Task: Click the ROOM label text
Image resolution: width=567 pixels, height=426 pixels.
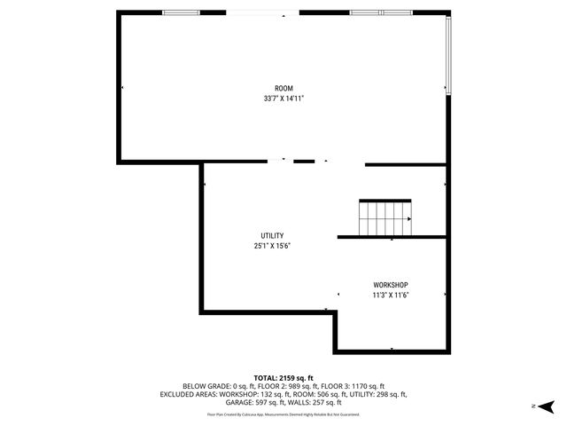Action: pos(283,88)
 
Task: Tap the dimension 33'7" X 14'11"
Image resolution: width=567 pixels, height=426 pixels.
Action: pos(283,99)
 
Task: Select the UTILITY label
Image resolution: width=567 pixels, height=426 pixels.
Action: pos(272,235)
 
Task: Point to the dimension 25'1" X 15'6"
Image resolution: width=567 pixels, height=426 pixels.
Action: pos(272,246)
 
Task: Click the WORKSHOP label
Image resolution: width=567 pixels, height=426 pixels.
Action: pos(391,284)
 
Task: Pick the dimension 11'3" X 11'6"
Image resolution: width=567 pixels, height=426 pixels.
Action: pos(391,295)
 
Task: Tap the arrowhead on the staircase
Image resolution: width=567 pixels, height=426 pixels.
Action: pos(408,219)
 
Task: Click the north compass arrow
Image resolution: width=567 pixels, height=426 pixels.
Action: pos(546,406)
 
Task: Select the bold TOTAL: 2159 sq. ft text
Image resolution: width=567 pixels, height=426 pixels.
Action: pos(283,377)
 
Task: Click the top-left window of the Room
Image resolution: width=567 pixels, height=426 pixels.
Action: pos(181,13)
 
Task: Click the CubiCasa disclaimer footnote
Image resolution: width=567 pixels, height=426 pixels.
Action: pos(283,414)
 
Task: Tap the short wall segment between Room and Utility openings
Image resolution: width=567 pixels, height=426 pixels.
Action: pos(304,162)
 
